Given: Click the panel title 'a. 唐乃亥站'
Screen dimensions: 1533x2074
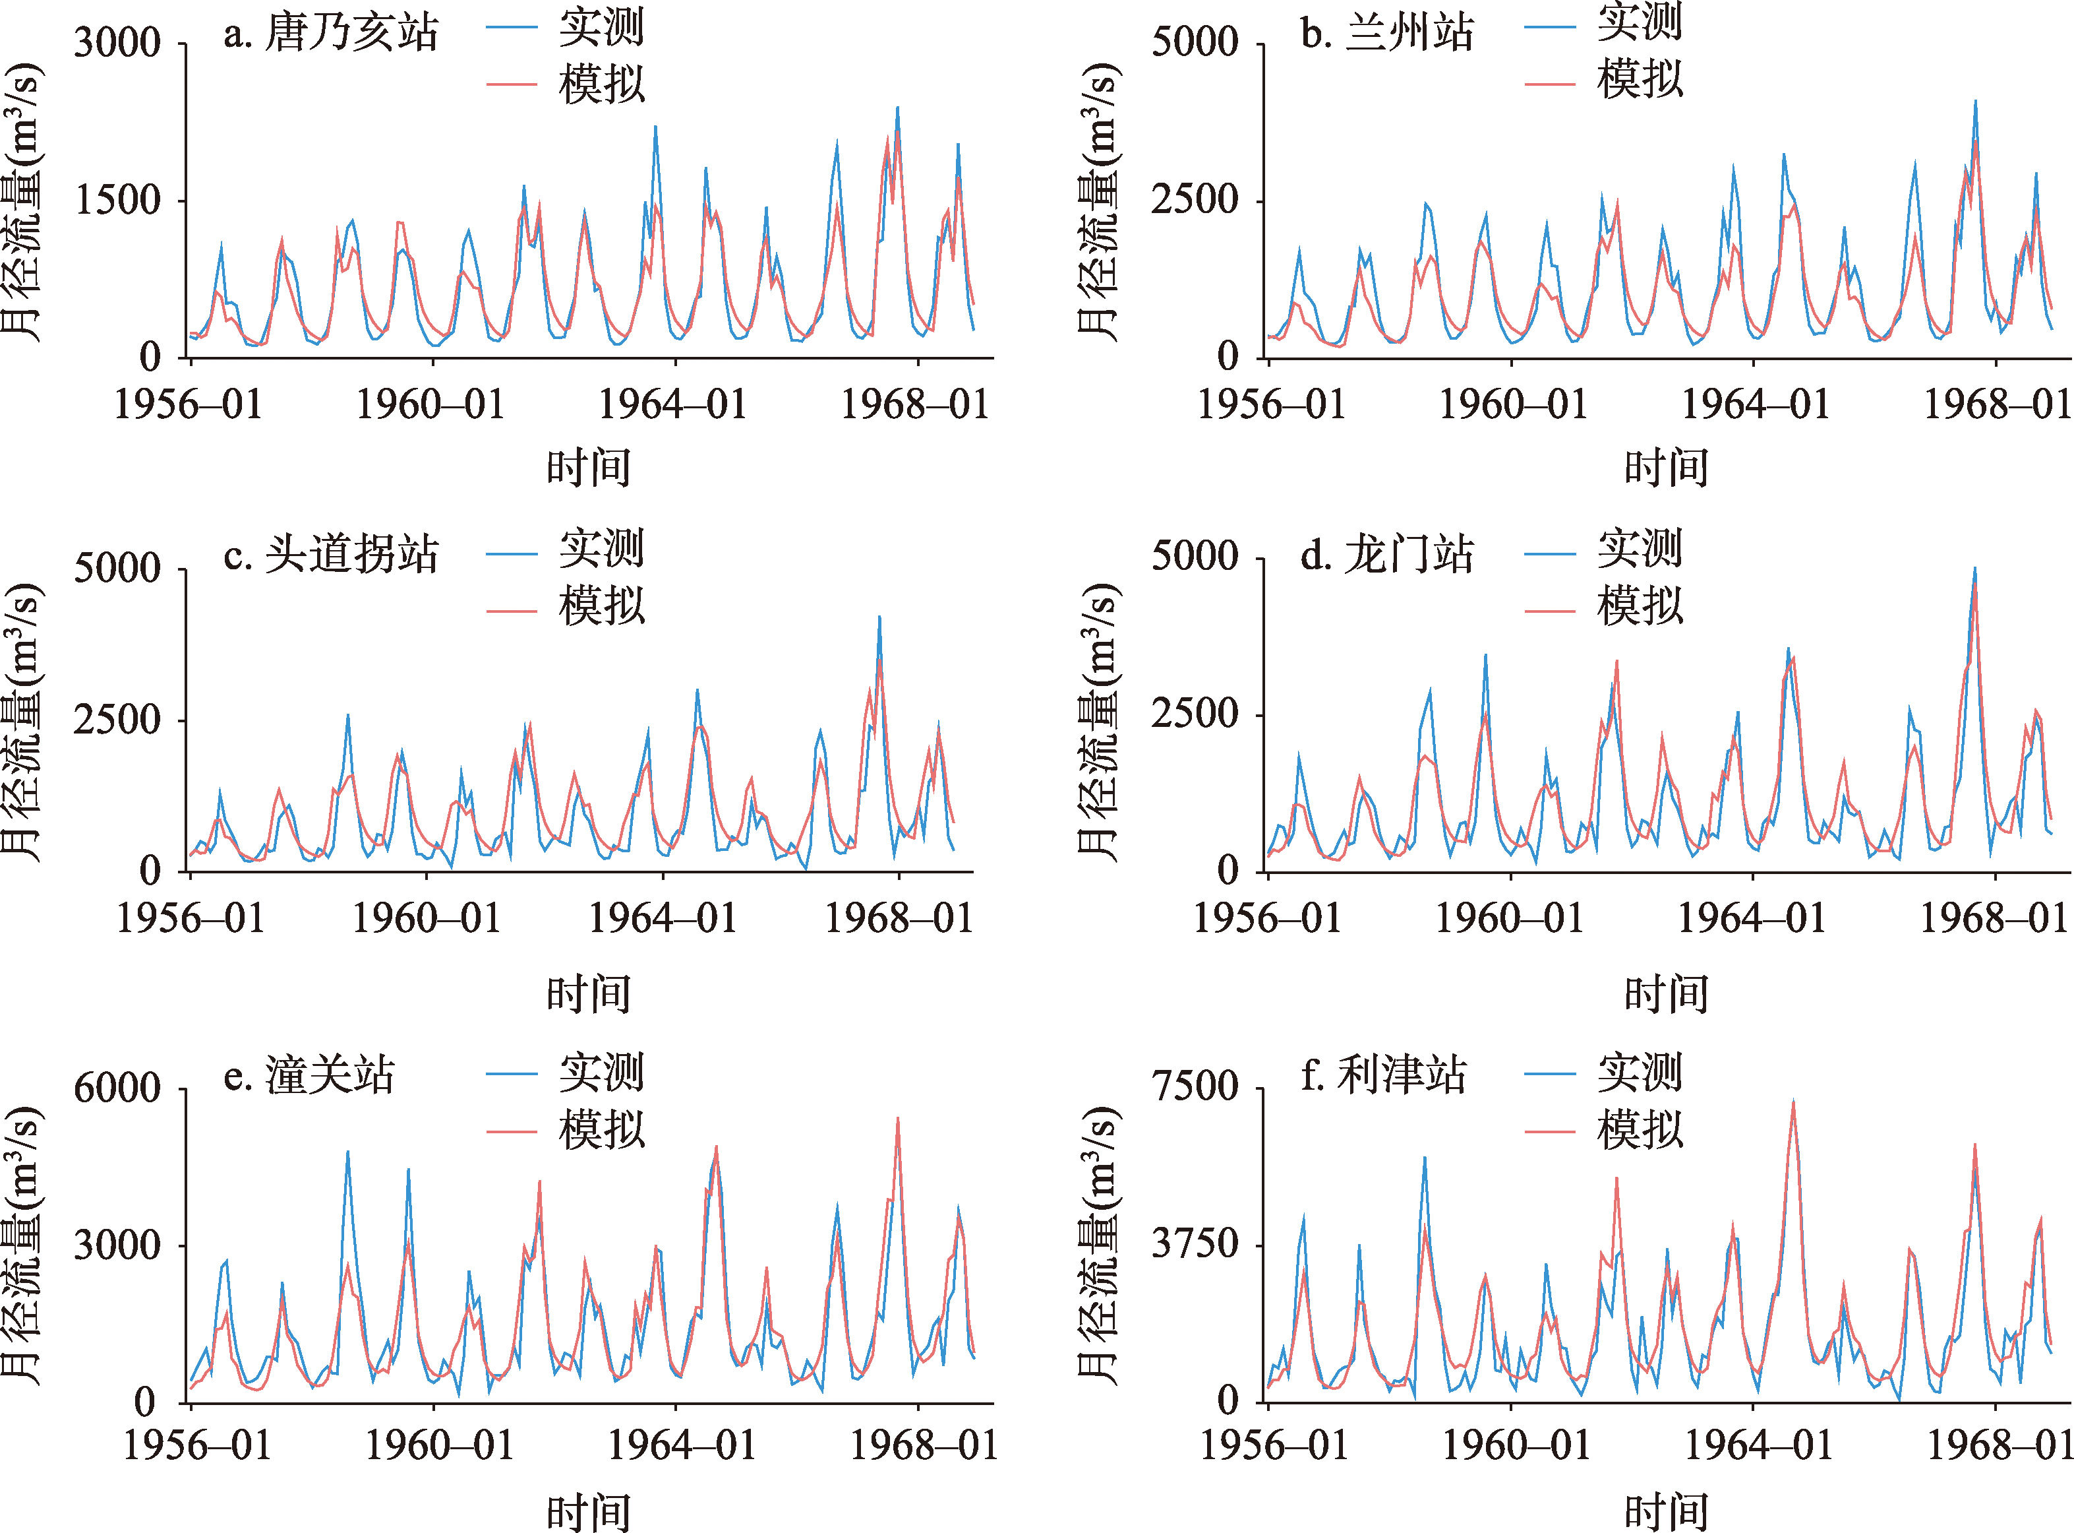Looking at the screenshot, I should [330, 34].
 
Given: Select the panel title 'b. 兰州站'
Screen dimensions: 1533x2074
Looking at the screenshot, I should [1386, 34].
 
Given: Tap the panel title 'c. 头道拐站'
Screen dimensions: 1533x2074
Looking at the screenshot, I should [330, 555].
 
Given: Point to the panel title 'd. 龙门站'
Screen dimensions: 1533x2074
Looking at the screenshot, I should [1386, 555].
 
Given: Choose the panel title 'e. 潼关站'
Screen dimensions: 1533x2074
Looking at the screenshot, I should [309, 1077].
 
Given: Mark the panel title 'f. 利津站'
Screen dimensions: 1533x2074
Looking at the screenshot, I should [1383, 1077].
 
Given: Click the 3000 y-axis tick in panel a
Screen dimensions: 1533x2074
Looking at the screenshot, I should [118, 43].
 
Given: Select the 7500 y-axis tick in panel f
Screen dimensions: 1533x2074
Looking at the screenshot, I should [1195, 1086].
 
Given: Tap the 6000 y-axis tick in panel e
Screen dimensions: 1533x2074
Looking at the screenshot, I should [118, 1088].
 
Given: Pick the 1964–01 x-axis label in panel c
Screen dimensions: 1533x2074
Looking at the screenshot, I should [663, 919].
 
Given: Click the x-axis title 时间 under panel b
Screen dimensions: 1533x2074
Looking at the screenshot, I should [1666, 468].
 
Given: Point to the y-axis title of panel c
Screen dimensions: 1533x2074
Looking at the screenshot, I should [22, 722].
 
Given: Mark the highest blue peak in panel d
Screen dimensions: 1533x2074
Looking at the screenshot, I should [1974, 569].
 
